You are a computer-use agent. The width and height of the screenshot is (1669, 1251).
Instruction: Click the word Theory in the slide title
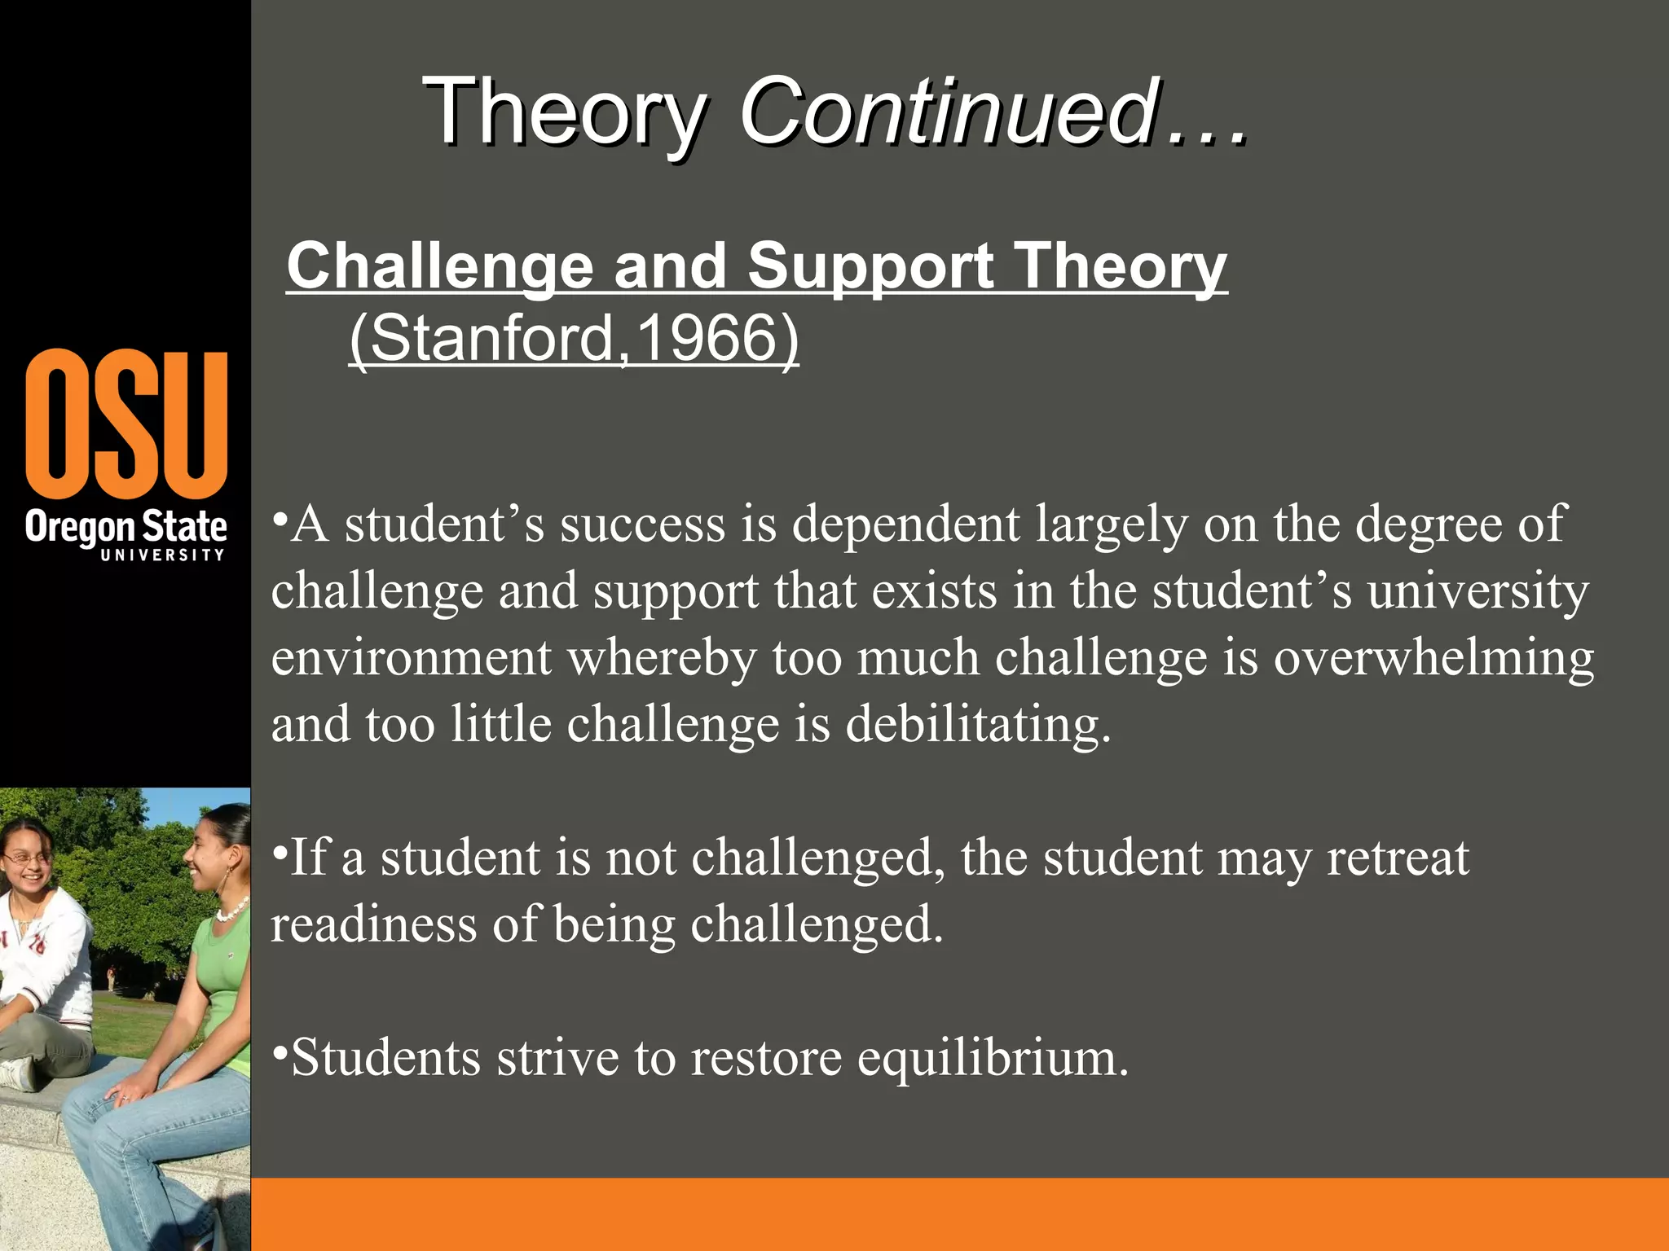(564, 112)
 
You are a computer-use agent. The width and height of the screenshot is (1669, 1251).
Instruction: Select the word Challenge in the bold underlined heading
(439, 266)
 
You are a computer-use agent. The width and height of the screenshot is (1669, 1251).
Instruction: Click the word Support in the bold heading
(870, 266)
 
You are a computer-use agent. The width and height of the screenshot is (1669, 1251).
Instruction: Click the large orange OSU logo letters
(126, 424)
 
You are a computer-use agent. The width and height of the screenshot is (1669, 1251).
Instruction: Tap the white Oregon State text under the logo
(126, 527)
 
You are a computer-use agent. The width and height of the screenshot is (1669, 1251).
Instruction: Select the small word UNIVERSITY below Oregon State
(162, 555)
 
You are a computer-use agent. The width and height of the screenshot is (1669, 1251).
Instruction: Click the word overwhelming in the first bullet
(1433, 657)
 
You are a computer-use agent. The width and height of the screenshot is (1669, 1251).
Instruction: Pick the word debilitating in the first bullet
(977, 724)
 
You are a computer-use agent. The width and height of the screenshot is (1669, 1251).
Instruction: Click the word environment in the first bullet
(412, 657)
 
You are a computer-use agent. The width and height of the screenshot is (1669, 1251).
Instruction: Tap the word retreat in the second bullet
(1398, 858)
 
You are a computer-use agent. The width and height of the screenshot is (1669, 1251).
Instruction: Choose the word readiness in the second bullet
(374, 924)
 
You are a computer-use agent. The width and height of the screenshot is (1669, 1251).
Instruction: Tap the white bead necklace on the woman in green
(232, 909)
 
